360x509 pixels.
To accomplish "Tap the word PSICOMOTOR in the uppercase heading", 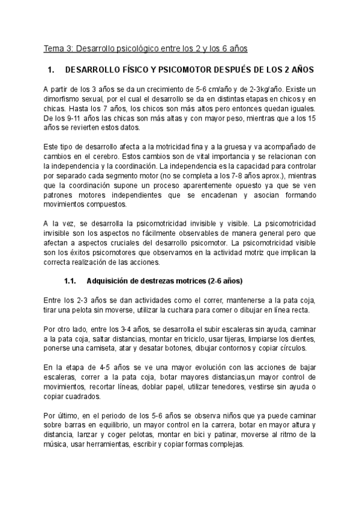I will click(x=178, y=70).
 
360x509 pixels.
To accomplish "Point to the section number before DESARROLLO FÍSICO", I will click(x=51, y=70).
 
